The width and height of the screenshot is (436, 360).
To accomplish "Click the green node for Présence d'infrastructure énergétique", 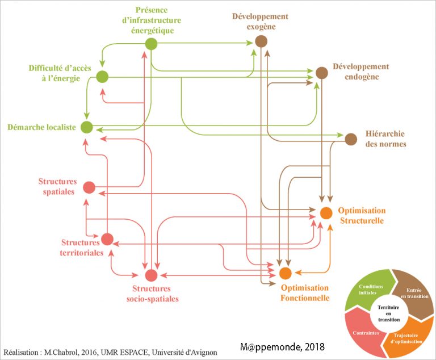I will click(151, 44).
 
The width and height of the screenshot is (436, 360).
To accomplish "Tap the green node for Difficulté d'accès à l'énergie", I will click(102, 77).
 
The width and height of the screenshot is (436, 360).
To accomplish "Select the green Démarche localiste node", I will click(86, 127).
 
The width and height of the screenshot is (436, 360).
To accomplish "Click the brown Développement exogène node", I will click(261, 41).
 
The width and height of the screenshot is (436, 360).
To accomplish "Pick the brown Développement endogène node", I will click(322, 73).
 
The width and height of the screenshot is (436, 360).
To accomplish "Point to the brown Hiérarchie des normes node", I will click(351, 139).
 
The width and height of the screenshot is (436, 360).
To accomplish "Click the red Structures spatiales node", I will click(89, 187).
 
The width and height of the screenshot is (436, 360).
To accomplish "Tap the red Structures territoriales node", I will click(107, 239).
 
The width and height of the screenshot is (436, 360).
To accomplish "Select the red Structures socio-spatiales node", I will click(150, 275).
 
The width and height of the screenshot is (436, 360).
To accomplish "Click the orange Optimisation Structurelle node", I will click(325, 213).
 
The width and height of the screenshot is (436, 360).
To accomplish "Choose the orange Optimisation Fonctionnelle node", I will click(286, 273).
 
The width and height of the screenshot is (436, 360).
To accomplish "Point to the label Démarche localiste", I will click(42, 127).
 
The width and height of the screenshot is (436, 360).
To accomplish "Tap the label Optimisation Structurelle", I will click(362, 215).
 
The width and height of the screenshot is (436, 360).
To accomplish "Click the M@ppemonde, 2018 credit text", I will click(282, 346).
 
